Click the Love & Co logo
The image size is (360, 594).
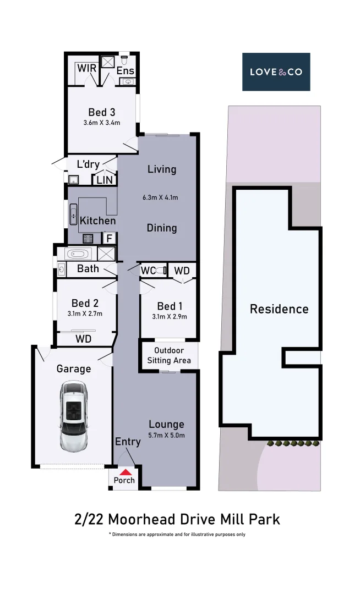click(276, 71)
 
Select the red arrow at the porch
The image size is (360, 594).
click(126, 471)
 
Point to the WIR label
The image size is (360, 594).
click(86, 68)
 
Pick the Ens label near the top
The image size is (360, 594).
click(125, 71)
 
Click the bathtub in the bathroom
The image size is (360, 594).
click(77, 254)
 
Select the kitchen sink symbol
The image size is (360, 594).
click(73, 213)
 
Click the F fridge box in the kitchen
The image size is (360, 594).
click(110, 238)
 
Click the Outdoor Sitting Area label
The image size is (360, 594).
click(168, 355)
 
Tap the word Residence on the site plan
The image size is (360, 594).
click(279, 309)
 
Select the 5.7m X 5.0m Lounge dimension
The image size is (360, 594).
click(166, 435)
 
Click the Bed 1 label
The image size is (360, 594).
click(170, 306)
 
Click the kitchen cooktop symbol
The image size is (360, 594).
click(88, 239)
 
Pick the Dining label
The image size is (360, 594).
click(162, 228)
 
